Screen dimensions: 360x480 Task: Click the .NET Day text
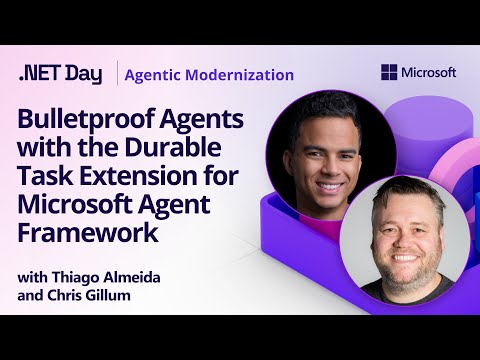tap(61, 74)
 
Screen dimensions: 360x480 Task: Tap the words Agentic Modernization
tap(210, 74)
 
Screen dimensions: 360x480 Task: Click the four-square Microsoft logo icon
tap(389, 72)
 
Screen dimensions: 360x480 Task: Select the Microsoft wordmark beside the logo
tap(429, 72)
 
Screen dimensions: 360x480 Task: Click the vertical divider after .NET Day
tap(117, 74)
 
